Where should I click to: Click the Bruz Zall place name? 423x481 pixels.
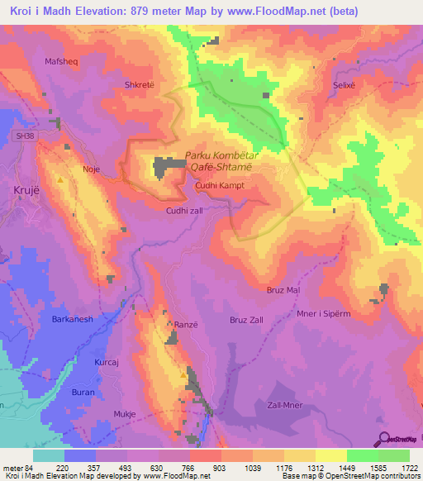[x=246, y=318]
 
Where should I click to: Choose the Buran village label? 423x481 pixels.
[x=83, y=392]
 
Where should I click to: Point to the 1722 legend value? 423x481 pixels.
[x=406, y=468]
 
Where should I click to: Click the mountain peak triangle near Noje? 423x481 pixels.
[x=61, y=178]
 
